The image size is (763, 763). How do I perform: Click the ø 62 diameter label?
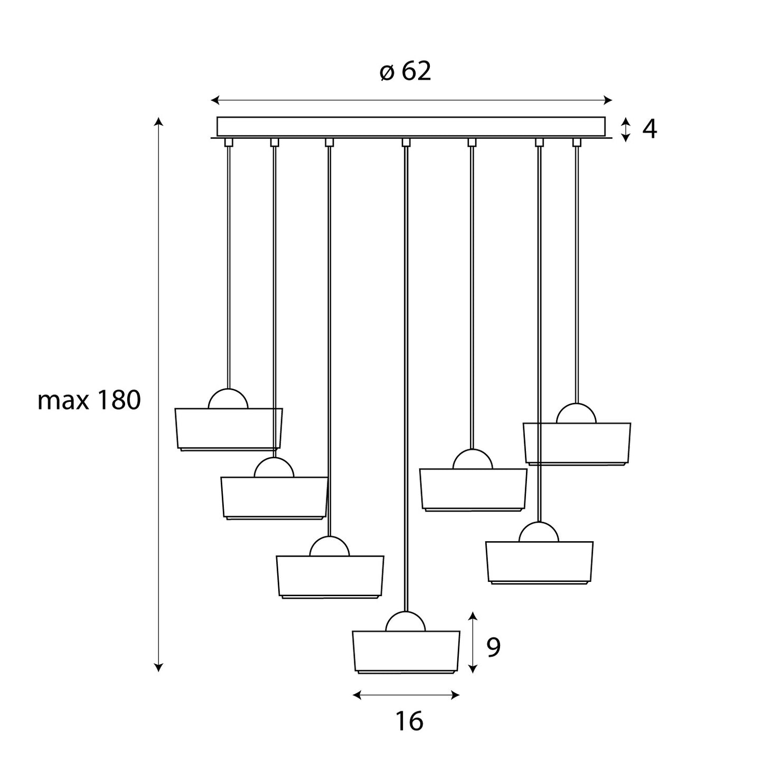click(406, 71)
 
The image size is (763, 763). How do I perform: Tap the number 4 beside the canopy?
click(649, 129)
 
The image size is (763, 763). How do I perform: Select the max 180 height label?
click(89, 401)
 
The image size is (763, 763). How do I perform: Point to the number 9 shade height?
click(493, 647)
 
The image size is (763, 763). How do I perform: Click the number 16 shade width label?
click(409, 721)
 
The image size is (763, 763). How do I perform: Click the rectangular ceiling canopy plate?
click(411, 126)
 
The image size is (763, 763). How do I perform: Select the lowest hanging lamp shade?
click(406, 651)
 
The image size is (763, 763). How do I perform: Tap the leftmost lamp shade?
click(229, 428)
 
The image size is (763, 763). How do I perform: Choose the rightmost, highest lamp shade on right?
click(577, 443)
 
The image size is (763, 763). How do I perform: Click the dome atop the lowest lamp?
click(406, 622)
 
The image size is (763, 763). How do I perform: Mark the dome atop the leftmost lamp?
click(228, 400)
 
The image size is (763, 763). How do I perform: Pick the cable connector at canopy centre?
click(406, 142)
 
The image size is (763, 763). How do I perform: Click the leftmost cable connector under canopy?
click(228, 142)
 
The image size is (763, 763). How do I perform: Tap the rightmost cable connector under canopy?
click(577, 142)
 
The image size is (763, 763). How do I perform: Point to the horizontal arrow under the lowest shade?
click(406, 695)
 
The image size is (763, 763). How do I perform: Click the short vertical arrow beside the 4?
click(625, 129)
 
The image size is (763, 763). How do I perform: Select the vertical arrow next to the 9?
click(473, 642)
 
